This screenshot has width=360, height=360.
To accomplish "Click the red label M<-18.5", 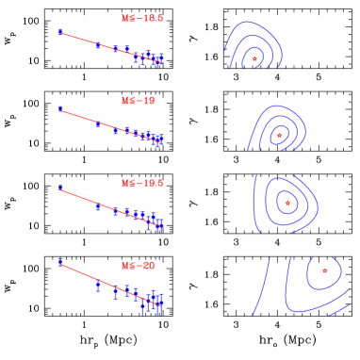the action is click(x=142, y=18).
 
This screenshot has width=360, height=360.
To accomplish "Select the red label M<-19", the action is click(x=138, y=101).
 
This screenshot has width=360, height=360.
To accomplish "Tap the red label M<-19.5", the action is click(x=142, y=183).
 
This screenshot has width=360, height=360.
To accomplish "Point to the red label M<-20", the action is click(x=138, y=266).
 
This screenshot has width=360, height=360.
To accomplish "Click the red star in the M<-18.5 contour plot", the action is click(x=254, y=59).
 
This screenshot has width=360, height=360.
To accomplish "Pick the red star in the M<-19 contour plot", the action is click(x=279, y=136).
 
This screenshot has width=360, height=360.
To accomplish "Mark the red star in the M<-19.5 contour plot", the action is click(x=287, y=203).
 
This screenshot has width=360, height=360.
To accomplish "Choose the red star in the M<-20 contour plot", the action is click(x=325, y=270).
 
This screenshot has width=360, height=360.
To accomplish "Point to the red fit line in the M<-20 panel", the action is click(x=104, y=282).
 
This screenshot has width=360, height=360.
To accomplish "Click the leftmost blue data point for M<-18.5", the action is click(x=61, y=32).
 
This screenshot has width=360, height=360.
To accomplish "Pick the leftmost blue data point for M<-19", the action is click(x=61, y=109).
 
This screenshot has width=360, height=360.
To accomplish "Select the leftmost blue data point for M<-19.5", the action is click(x=61, y=188).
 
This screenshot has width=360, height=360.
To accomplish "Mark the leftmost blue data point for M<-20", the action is click(x=61, y=261).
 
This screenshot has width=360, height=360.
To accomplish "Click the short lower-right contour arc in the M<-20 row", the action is click(x=339, y=309).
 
